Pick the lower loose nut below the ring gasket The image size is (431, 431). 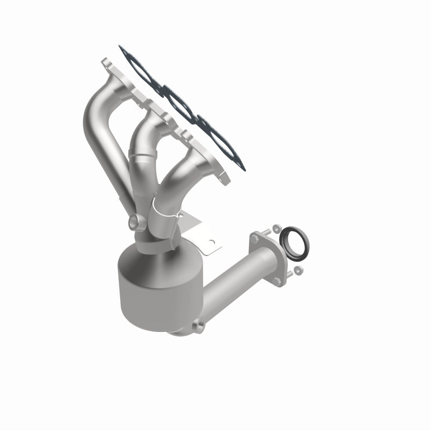point(298,268)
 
